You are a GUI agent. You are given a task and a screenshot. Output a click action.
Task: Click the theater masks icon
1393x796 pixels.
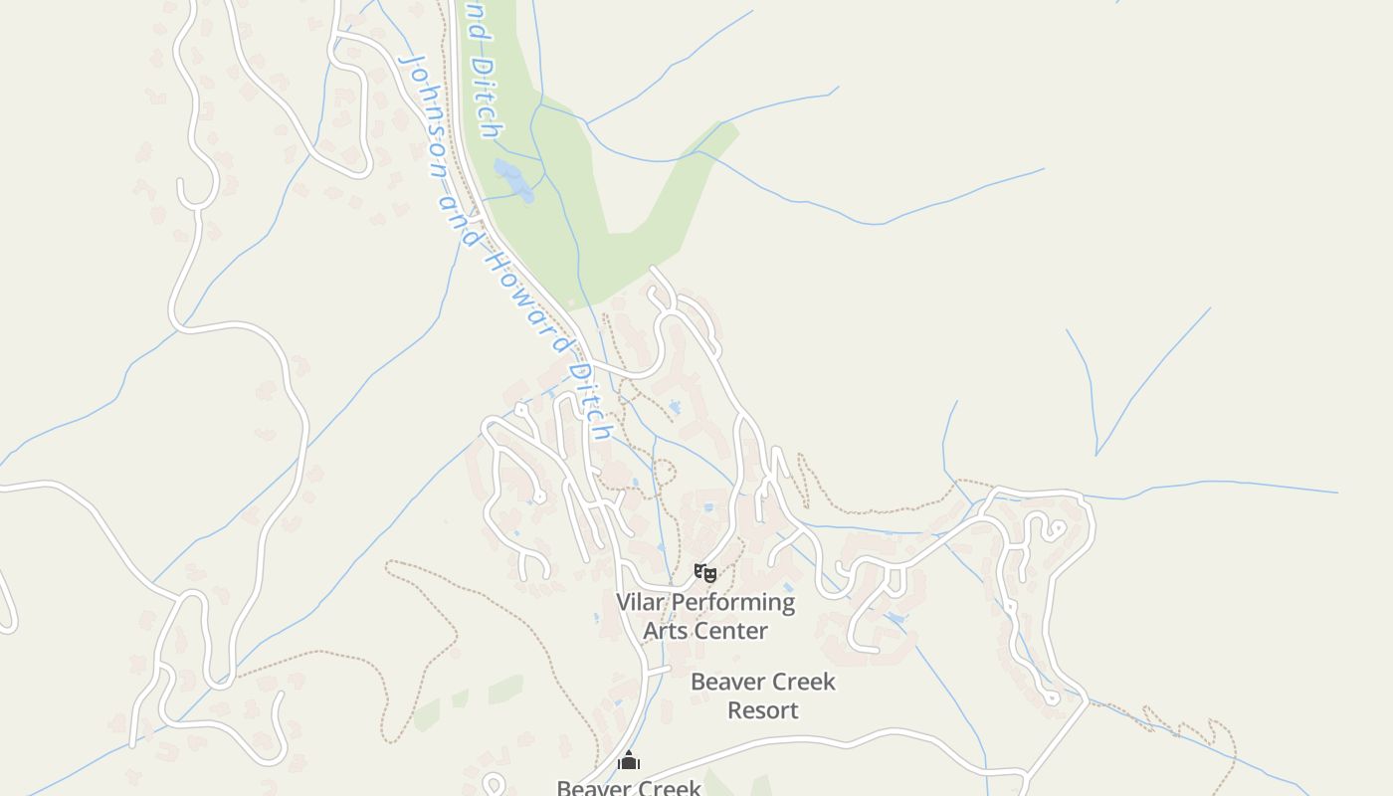[x=704, y=572]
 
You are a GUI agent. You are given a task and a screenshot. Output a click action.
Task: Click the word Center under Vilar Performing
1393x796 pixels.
[x=732, y=631]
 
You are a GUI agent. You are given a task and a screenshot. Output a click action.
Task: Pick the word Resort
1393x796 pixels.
[x=762, y=710]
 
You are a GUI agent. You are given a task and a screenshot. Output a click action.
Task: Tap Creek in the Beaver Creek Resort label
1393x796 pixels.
[x=802, y=683]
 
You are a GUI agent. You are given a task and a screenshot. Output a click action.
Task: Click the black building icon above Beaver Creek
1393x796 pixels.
[x=628, y=761]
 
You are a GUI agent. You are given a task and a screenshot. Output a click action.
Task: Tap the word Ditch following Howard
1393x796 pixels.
[x=588, y=400]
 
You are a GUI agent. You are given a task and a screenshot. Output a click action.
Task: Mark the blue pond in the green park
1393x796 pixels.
[x=513, y=180]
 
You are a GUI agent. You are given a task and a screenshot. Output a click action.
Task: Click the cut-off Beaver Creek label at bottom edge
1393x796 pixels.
[x=628, y=788]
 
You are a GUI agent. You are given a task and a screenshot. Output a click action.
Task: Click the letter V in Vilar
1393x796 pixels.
[x=625, y=602]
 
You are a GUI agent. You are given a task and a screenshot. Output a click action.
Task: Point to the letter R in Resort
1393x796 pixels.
[x=735, y=710]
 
